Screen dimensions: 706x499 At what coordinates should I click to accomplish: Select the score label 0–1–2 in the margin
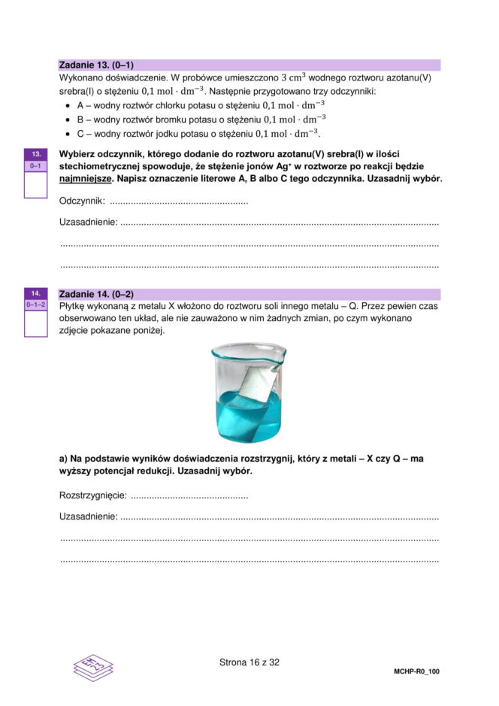[35, 305]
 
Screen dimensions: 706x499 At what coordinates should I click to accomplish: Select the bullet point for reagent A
[69, 105]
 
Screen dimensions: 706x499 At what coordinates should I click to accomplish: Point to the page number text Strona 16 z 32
[249, 662]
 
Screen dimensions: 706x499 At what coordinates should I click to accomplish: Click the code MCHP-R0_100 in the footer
[416, 671]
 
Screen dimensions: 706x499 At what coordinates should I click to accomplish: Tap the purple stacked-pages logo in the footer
[93, 666]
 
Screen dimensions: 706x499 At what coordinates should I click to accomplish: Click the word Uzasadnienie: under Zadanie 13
[88, 223]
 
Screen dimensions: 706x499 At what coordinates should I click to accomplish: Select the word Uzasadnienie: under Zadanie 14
[88, 517]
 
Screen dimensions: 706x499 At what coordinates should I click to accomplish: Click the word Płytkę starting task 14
[75, 306]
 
